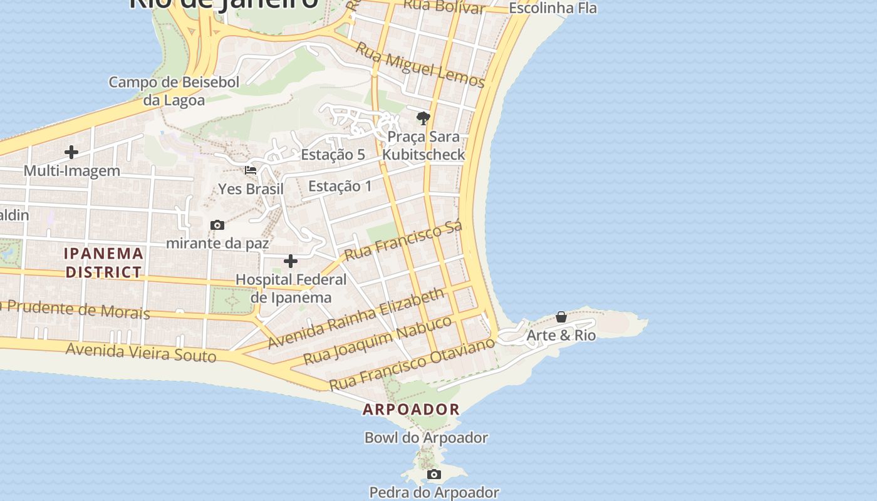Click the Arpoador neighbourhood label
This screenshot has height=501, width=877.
(x=412, y=410)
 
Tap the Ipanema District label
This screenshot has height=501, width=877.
(x=104, y=263)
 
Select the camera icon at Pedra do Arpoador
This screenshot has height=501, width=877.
(x=434, y=475)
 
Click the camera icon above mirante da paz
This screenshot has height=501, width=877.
(x=217, y=225)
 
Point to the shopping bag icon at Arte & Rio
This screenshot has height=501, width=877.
(x=561, y=317)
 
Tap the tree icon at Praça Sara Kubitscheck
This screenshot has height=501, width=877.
(x=423, y=118)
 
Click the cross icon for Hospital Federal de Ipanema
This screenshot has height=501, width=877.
(x=291, y=261)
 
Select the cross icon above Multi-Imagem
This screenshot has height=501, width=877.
(x=71, y=152)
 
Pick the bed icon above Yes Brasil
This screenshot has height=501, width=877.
(x=251, y=170)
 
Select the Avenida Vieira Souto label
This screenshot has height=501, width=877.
(x=141, y=353)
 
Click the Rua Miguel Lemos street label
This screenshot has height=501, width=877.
(x=420, y=65)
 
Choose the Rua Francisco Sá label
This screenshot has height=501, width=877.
(x=403, y=240)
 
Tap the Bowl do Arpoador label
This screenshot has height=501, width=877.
(x=426, y=438)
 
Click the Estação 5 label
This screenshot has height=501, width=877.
(x=333, y=155)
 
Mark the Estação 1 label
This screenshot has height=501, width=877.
(x=340, y=186)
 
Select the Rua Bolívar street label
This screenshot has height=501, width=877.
(x=445, y=6)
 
